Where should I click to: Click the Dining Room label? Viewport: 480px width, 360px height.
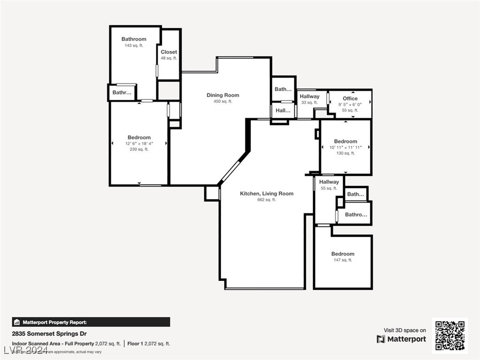[223, 95]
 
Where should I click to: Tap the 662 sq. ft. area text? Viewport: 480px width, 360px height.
[266, 200]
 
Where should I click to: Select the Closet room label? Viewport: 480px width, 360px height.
[169, 52]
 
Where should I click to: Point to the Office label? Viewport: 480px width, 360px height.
[350, 98]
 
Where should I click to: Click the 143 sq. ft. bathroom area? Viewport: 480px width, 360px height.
[134, 45]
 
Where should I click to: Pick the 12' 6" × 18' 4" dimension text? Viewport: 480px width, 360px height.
[139, 143]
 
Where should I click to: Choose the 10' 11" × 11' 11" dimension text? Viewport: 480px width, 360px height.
[345, 147]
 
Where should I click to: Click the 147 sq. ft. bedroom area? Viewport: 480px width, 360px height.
[343, 260]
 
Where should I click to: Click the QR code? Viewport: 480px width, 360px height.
[450, 336]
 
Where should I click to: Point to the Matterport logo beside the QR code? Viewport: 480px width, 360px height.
[401, 339]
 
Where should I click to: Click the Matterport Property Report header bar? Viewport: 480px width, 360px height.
[91, 322]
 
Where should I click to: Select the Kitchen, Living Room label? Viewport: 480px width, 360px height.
[266, 194]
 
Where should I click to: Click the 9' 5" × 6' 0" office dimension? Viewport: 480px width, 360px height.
[350, 105]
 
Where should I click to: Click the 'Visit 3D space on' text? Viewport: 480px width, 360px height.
[405, 330]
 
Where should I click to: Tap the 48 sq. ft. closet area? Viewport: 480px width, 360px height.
[169, 58]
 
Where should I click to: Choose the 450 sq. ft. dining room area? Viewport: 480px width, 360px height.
[223, 101]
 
